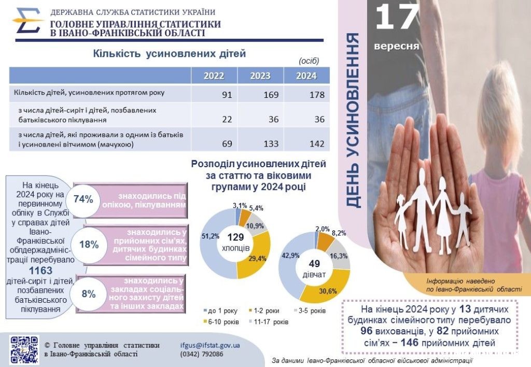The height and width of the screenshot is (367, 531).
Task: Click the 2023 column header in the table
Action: (x=260, y=76)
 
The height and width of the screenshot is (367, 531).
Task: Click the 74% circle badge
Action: (x=83, y=199)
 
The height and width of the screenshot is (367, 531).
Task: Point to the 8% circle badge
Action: (x=89, y=294)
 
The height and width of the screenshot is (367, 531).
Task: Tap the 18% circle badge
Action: (x=89, y=245)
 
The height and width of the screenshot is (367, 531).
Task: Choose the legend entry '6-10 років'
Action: (x=223, y=322)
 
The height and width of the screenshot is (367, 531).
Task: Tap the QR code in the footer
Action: (x=24, y=350)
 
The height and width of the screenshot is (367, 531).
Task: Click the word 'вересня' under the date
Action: (x=397, y=46)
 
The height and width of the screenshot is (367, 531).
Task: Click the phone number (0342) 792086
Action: (x=202, y=355)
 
